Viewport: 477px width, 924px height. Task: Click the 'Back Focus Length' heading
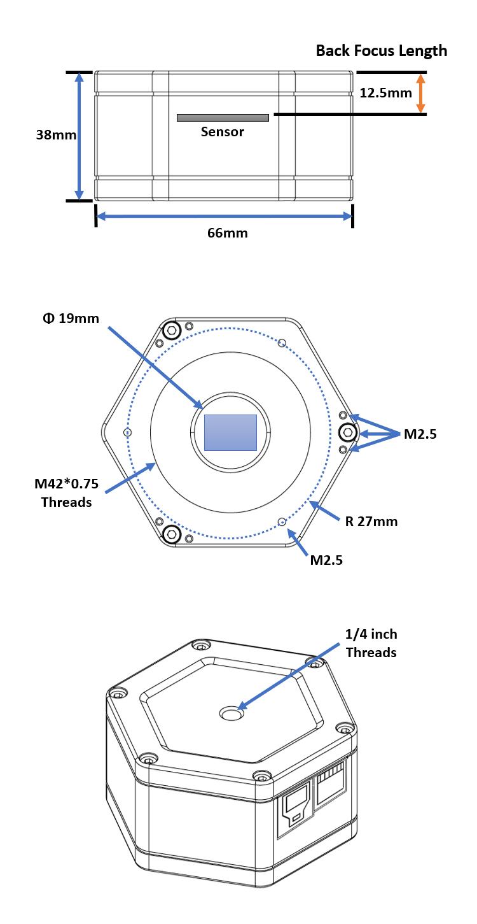click(381, 51)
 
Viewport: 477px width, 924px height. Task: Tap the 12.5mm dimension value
click(385, 93)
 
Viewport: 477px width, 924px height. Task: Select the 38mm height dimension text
click(56, 135)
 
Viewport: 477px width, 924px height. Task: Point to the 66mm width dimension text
click(227, 233)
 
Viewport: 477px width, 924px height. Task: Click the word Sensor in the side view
click(222, 132)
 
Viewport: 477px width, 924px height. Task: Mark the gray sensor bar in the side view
click(223, 118)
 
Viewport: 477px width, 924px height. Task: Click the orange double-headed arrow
click(420, 93)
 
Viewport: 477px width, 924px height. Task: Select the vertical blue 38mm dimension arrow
click(79, 136)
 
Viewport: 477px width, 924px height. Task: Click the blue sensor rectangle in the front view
click(230, 432)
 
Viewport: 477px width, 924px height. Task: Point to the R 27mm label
click(371, 522)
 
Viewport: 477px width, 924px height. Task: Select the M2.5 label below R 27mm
click(326, 560)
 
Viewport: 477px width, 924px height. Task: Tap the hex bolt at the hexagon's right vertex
click(347, 432)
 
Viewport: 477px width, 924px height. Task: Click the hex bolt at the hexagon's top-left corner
click(171, 331)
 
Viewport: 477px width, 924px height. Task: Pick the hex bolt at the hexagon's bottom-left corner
click(171, 534)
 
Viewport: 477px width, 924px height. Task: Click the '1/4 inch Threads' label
click(371, 643)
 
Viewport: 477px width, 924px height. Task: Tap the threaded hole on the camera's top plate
click(231, 714)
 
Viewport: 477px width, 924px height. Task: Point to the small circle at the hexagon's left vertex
click(127, 432)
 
